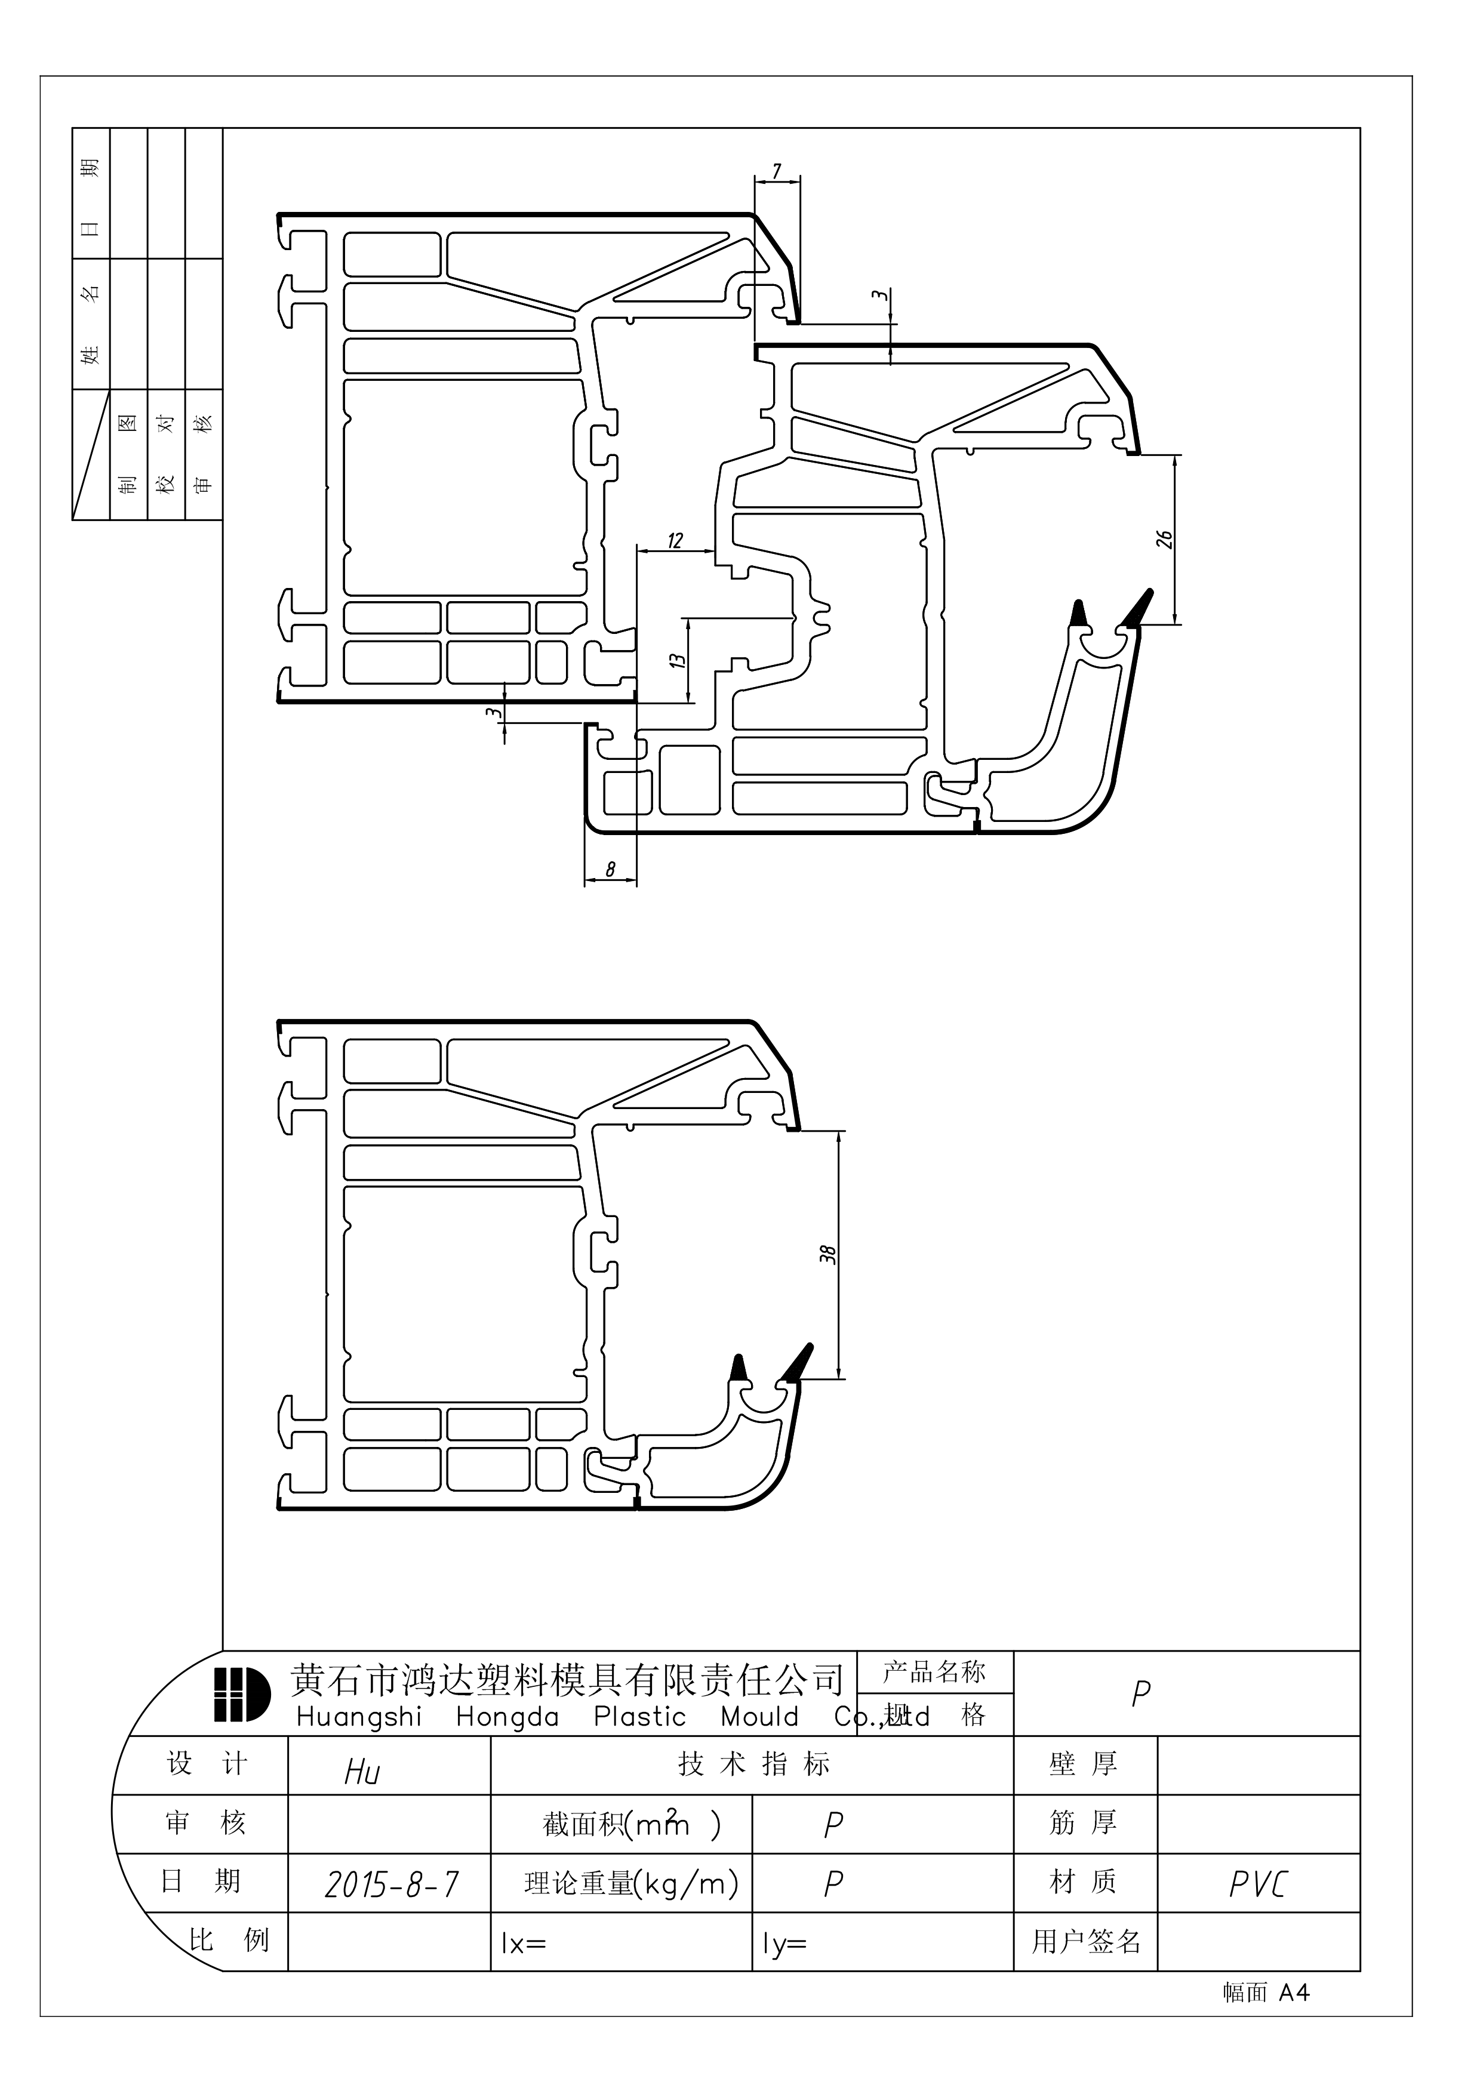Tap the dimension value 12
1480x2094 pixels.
[x=675, y=541]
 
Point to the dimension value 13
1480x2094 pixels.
[x=676, y=660]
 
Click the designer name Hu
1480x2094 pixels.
[x=362, y=1772]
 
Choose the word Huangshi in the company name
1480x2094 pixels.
[x=359, y=1717]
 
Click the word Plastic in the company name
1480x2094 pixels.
[x=639, y=1717]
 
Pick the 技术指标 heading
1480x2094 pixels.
[x=753, y=1764]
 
